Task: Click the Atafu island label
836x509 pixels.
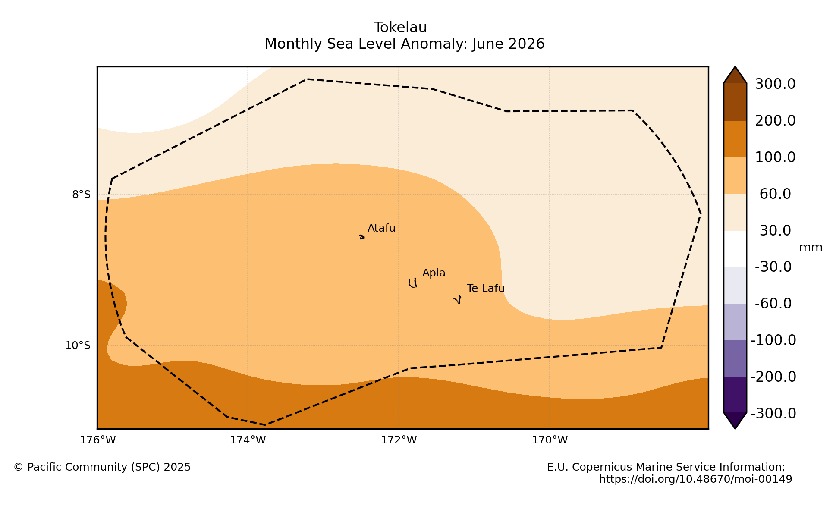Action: click(x=381, y=228)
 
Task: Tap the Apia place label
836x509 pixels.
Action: click(x=434, y=273)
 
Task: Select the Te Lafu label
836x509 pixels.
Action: click(x=485, y=289)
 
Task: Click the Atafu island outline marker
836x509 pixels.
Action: click(x=361, y=237)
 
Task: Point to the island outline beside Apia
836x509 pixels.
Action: click(x=413, y=283)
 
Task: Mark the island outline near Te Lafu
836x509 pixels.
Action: click(x=458, y=299)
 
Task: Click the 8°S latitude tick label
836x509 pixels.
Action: click(x=81, y=195)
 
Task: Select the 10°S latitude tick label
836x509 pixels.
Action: click(x=78, y=346)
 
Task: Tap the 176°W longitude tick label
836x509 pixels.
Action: click(x=98, y=440)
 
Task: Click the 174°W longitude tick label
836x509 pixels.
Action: click(x=248, y=440)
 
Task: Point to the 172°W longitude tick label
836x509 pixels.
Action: click(x=399, y=440)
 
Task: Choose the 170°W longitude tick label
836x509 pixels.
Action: click(x=550, y=440)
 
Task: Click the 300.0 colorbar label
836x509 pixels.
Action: click(x=775, y=84)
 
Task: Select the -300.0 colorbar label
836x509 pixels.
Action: click(x=773, y=414)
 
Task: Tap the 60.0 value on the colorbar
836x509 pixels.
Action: click(x=775, y=194)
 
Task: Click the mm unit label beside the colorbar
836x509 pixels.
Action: click(x=811, y=248)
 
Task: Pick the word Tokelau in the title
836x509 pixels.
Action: click(x=400, y=28)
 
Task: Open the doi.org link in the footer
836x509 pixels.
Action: click(x=695, y=479)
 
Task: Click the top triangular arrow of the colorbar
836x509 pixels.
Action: click(x=735, y=75)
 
